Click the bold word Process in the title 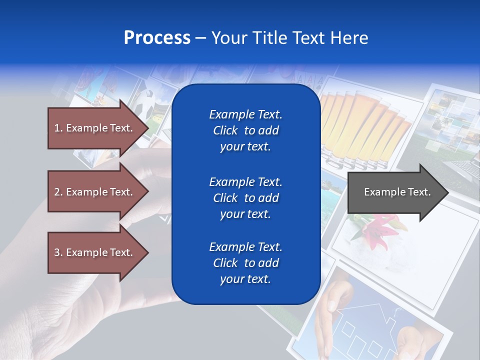[157, 38]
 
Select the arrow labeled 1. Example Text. [95, 128]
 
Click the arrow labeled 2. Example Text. [95, 192]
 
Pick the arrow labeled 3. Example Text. [95, 252]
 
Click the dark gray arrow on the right [395, 192]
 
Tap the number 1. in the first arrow [58, 128]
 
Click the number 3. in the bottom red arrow [58, 252]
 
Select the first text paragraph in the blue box [245, 130]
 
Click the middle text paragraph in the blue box [245, 198]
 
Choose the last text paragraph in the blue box [245, 263]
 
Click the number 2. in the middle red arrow [58, 192]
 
